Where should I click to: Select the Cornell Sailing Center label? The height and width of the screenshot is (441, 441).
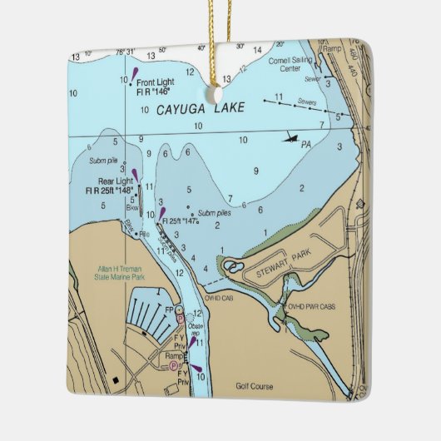pos(290,64)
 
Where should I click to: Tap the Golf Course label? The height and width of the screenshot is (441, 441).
pos(253,385)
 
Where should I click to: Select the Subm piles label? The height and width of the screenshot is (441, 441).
pos(214,212)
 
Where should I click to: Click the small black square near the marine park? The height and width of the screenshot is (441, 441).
pos(116,381)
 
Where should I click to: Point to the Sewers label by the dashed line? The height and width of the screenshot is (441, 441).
pos(307,102)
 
